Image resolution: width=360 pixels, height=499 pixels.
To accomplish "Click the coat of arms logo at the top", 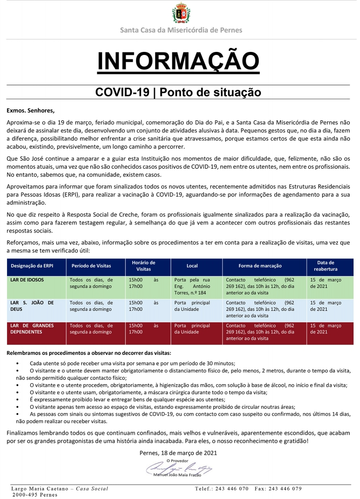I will click(x=180, y=13).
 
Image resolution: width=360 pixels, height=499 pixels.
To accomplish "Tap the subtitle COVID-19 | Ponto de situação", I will click(x=179, y=92).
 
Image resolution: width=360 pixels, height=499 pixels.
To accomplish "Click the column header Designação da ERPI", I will click(x=32, y=266).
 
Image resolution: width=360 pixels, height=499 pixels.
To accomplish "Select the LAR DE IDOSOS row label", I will click(x=28, y=280).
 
